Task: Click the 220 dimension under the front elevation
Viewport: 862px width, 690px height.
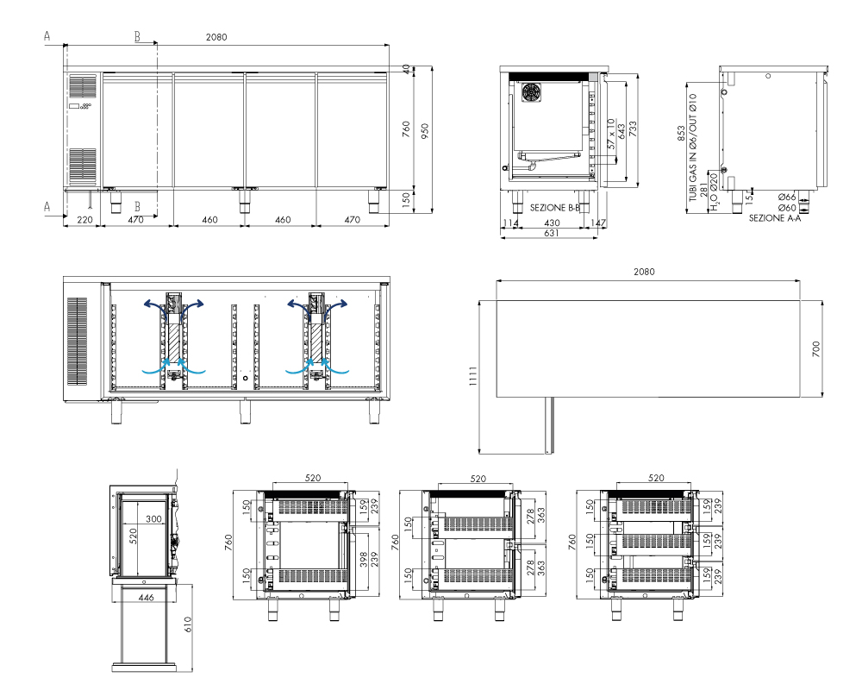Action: tap(84, 220)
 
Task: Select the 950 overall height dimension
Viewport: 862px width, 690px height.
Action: tap(424, 131)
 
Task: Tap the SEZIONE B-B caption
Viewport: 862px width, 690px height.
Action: tap(554, 208)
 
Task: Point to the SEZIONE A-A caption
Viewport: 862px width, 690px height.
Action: tap(775, 218)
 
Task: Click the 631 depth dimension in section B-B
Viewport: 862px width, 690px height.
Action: tap(552, 233)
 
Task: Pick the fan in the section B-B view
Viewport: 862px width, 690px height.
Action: tap(532, 93)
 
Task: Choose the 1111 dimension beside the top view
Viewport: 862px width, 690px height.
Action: tap(473, 376)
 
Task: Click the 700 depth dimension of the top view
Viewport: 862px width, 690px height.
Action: tap(815, 348)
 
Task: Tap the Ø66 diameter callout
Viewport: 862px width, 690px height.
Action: tap(787, 197)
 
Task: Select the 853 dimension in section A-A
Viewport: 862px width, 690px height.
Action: tap(682, 134)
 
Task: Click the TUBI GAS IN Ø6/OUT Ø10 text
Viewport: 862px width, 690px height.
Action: tap(693, 147)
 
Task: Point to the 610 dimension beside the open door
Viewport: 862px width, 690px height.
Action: tap(187, 624)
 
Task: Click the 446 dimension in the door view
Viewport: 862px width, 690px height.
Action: tap(146, 597)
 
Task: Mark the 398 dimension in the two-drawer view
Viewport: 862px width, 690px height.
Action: tap(364, 560)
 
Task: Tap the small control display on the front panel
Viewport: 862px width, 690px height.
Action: tap(74, 105)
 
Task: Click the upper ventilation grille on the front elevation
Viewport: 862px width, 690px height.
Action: tap(83, 87)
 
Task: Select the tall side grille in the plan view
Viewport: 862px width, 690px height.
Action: tap(77, 342)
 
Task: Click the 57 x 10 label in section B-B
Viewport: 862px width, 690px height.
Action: tap(611, 134)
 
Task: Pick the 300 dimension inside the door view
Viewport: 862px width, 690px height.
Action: tap(154, 519)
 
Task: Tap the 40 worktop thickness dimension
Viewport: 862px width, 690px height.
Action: tap(406, 69)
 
